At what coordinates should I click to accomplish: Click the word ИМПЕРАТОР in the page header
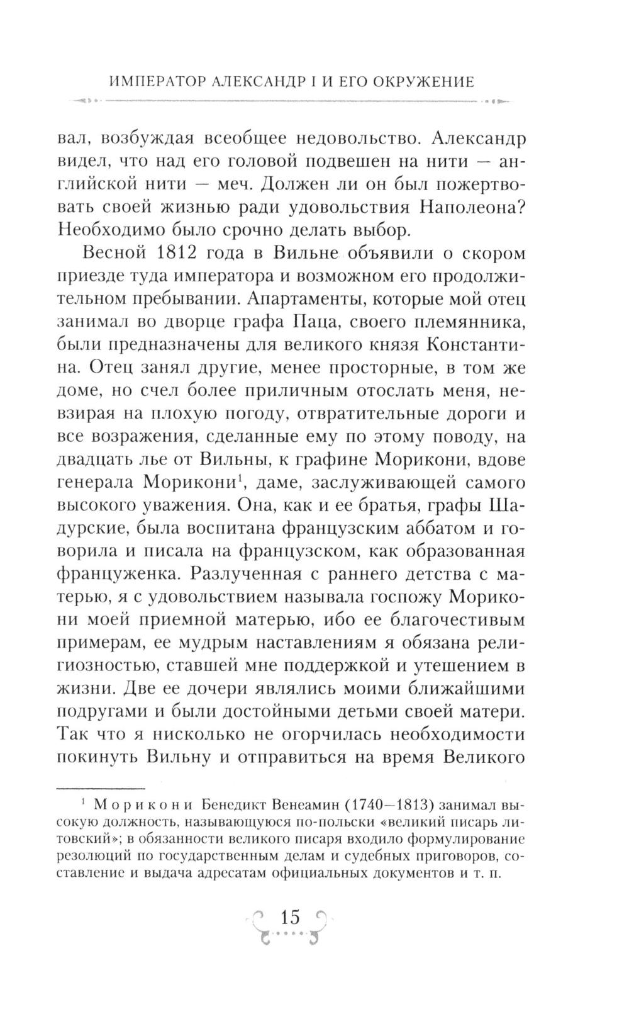pos(147,82)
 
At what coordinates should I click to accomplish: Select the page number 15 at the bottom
pos(292,916)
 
